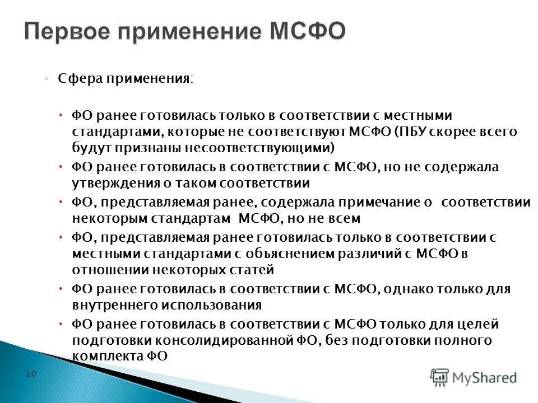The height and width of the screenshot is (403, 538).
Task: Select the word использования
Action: pos(212,305)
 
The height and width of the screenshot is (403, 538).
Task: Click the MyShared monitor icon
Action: pos(440,376)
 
